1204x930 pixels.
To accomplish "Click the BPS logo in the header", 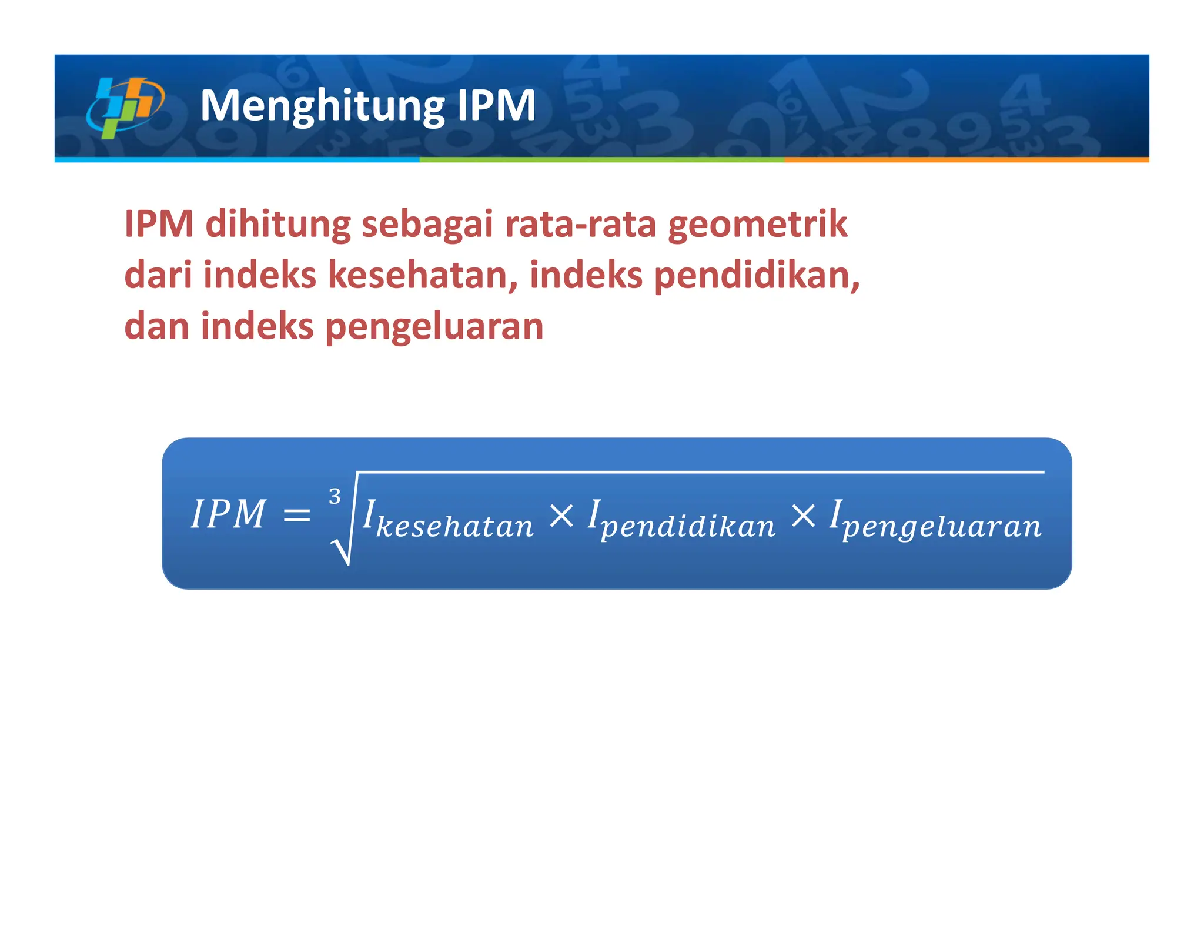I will (x=125, y=107).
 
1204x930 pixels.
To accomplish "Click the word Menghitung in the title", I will (x=322, y=106).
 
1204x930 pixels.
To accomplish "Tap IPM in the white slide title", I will (x=496, y=106).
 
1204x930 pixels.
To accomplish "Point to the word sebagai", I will (x=427, y=225).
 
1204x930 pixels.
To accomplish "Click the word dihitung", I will (x=277, y=225).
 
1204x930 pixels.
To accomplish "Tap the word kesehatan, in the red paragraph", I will (x=423, y=276).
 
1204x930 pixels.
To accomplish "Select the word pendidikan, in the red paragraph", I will (x=757, y=276).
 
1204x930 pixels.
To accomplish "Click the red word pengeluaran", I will (x=434, y=327).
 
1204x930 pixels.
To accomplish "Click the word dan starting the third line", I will (x=157, y=327).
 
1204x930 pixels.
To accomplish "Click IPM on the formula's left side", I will (x=229, y=514).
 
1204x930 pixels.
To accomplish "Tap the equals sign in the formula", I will (x=296, y=516).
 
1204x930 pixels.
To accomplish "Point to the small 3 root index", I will (x=335, y=497).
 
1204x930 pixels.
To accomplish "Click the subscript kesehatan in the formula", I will (x=454, y=526).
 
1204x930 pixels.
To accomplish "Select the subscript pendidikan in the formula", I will (x=688, y=527).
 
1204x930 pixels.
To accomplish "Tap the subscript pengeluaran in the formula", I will (x=942, y=527).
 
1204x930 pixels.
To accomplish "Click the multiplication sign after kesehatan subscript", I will (x=561, y=516).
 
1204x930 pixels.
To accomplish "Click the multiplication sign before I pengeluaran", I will (x=803, y=516).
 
